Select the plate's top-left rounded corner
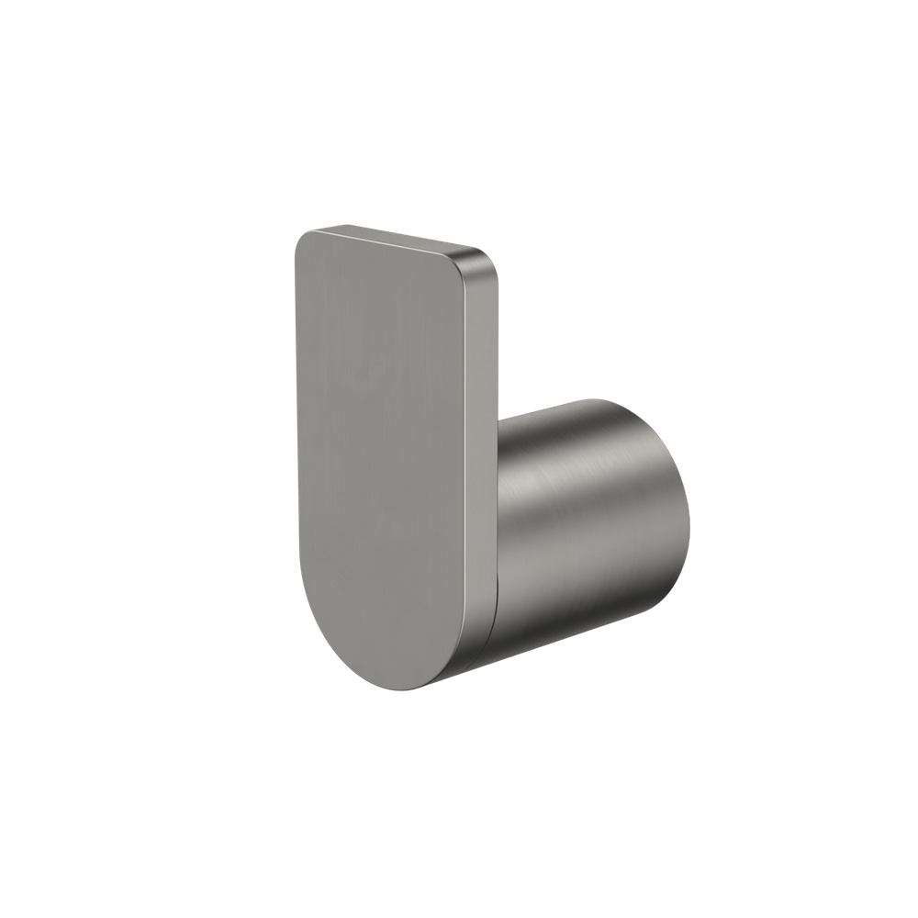303,241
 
